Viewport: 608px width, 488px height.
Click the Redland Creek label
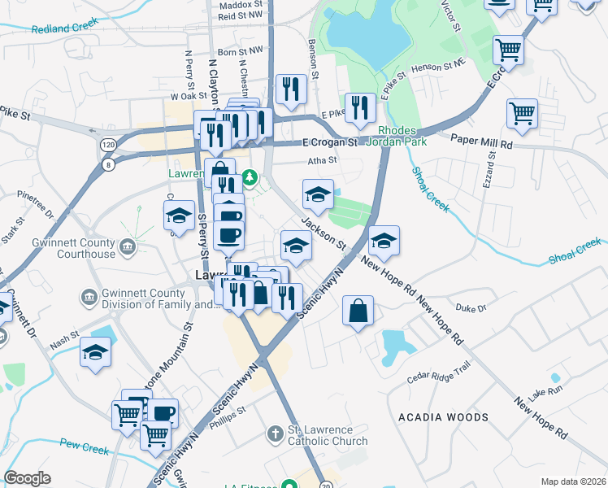59,29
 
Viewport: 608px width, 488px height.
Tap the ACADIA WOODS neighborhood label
443,417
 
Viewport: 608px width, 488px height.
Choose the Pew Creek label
84,446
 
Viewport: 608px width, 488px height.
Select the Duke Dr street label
470,308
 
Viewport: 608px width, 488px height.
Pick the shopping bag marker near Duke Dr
358,311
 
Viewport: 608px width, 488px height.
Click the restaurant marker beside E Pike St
359,107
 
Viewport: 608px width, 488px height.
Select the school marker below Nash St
96,353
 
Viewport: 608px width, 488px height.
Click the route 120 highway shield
106,144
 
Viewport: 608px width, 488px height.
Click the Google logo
27,478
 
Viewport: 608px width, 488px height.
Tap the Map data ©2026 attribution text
573,481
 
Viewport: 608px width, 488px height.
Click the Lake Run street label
544,393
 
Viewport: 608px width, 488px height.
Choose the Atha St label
322,160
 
